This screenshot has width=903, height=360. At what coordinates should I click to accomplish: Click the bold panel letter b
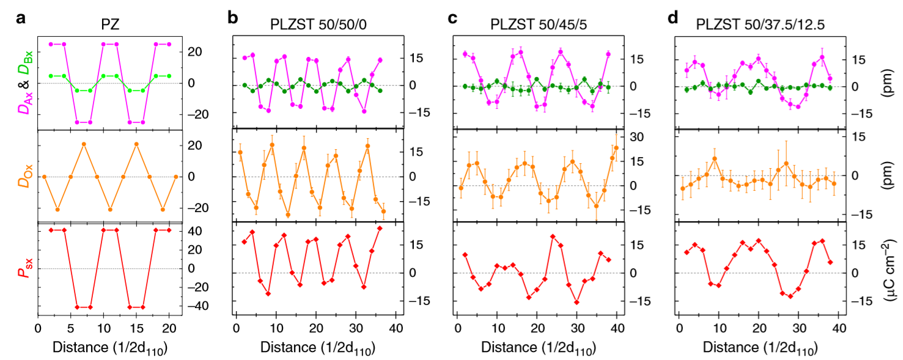(233, 18)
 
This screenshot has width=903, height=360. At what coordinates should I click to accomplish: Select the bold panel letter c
(453, 18)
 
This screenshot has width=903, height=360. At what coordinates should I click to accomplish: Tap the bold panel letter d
(673, 18)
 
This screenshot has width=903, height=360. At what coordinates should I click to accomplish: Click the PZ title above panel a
(110, 25)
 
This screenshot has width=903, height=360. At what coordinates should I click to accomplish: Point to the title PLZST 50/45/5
(536, 25)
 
